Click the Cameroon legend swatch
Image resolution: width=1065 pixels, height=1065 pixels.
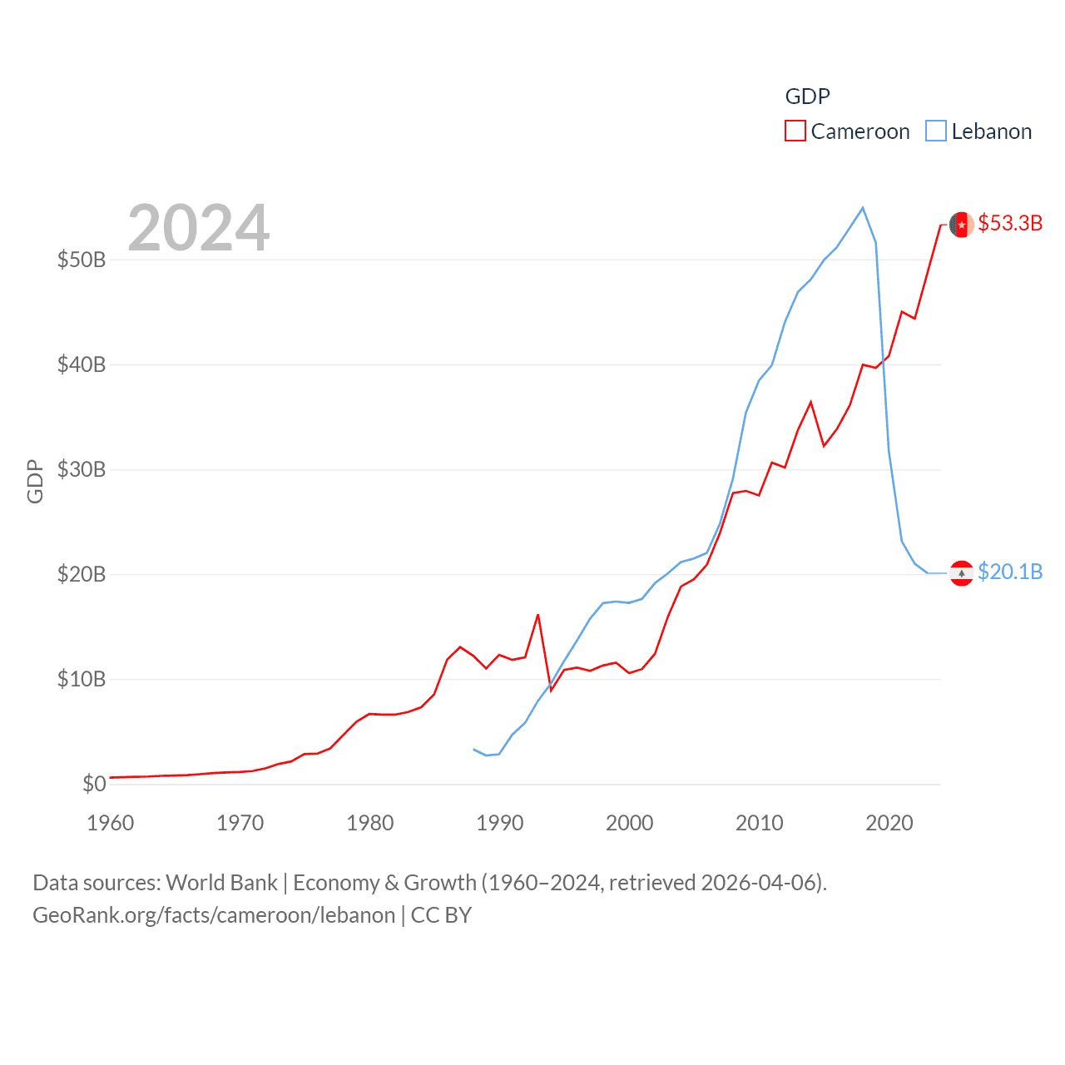coord(795,131)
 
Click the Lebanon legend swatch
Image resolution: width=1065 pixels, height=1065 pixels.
coord(936,131)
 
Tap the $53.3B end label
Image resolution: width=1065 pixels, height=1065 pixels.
coord(1010,223)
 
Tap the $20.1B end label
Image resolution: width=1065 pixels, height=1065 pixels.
coord(1010,572)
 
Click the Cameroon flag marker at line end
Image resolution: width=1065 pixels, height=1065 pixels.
coord(962,225)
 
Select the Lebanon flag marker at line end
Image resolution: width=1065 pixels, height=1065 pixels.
coord(962,573)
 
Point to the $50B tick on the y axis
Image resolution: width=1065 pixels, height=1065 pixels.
coord(82,260)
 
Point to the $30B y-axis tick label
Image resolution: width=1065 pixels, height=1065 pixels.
coord(82,469)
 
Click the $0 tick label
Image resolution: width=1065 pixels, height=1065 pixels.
coord(94,784)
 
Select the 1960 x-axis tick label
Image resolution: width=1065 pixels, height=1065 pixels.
coord(111,823)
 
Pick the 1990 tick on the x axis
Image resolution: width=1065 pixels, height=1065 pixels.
coord(500,823)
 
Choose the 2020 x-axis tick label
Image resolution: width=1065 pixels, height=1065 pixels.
coord(889,823)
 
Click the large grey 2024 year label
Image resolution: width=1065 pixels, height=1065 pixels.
coord(199,227)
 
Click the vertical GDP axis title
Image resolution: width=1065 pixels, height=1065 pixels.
coord(35,481)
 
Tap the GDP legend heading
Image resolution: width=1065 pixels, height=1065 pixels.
coord(807,97)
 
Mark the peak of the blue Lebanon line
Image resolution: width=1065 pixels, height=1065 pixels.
coord(863,208)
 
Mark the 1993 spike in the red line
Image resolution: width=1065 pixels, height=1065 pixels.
coord(538,615)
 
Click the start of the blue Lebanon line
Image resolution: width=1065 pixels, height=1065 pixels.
coord(473,750)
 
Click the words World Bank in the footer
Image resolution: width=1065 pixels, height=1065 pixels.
coord(222,883)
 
